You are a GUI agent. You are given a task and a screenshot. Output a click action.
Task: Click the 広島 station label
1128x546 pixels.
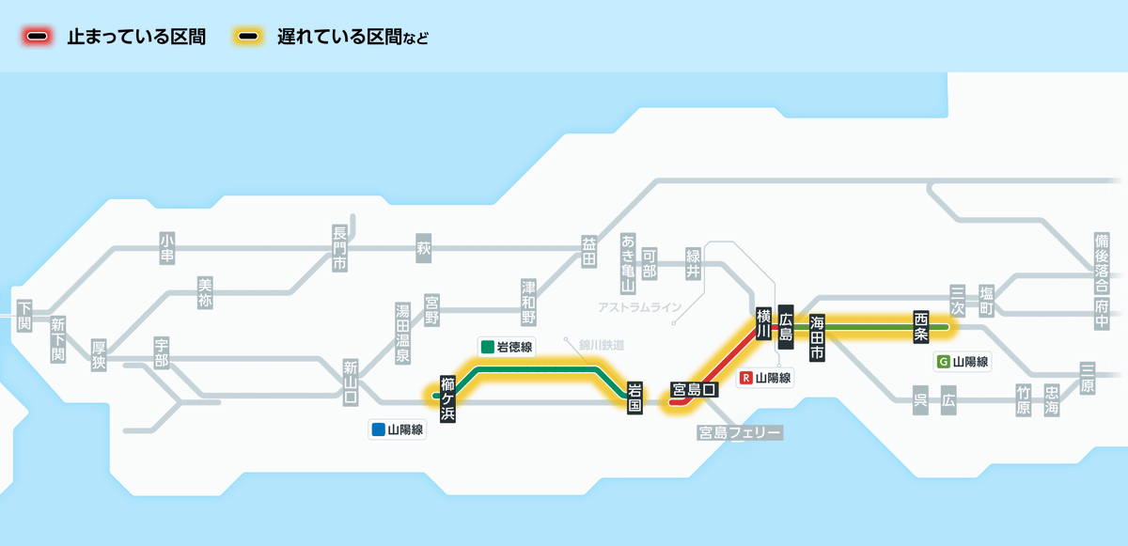(786, 327)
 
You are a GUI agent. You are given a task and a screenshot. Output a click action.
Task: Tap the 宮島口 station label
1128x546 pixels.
(695, 389)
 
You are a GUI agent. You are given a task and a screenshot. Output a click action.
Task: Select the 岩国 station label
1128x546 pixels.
(635, 398)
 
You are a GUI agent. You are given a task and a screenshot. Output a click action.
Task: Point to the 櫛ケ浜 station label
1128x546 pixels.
(447, 399)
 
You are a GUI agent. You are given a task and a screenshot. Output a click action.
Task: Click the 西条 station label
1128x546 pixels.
(921, 327)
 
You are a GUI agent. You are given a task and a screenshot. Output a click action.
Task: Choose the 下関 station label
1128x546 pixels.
(24, 316)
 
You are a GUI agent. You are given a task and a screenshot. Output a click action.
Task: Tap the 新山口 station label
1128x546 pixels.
(351, 382)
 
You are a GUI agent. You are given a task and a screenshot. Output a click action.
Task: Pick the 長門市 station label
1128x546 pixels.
(340, 248)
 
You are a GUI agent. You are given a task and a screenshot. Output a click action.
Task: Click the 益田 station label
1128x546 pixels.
(589, 251)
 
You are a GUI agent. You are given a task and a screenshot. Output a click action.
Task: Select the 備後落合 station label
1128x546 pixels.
(1102, 264)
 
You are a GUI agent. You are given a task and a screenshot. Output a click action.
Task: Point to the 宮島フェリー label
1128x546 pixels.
(740, 433)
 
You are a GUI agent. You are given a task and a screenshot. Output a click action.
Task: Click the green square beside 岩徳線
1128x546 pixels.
(488, 347)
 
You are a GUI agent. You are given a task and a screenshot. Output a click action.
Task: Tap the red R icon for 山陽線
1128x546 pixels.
(745, 378)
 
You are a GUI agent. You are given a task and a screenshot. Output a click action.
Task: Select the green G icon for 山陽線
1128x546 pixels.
(943, 361)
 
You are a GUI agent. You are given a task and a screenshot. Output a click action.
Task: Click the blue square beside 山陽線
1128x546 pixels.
(378, 429)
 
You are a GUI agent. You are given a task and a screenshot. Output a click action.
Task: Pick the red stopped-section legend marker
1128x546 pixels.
(38, 37)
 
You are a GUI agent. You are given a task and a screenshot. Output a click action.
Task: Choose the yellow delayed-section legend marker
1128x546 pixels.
(248, 37)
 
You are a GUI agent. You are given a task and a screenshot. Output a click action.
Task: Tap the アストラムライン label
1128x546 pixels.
(639, 307)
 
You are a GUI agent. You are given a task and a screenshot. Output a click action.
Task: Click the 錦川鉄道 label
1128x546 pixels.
(602, 345)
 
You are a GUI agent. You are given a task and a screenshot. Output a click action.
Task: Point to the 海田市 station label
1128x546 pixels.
(817, 337)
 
